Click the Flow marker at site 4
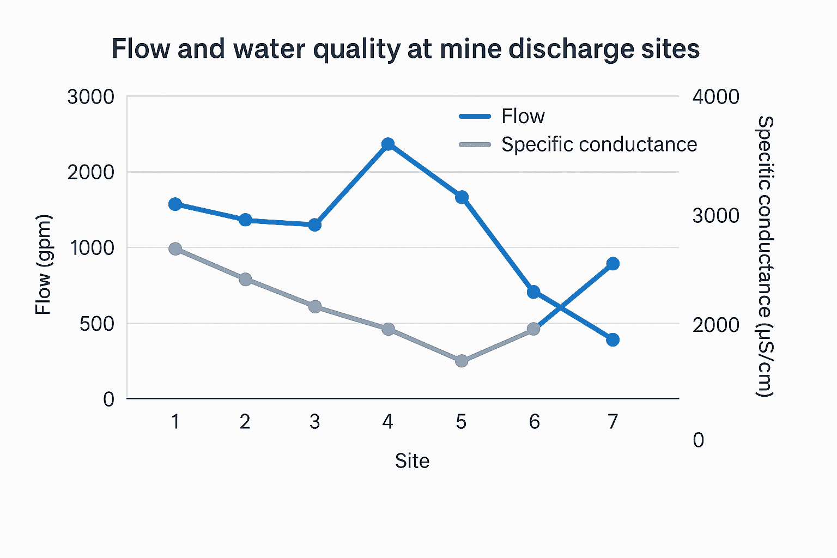[x=388, y=144]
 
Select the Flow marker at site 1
[x=175, y=204]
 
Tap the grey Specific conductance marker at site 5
[x=462, y=361]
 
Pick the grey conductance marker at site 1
[x=175, y=249]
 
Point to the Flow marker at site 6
[x=533, y=292]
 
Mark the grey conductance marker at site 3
[x=315, y=306]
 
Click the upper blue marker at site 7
[x=613, y=264]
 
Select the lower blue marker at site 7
[x=613, y=339]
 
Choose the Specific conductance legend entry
[x=598, y=144]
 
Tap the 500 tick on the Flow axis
[x=97, y=324]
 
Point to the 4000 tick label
[x=715, y=97]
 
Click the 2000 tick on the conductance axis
[x=715, y=325]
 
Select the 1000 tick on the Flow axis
[x=93, y=248]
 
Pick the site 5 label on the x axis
[x=461, y=422]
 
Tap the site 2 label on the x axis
[x=245, y=422]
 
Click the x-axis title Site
[x=412, y=461]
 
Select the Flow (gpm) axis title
[x=43, y=265]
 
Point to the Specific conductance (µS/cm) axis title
[x=765, y=256]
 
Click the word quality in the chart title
[x=356, y=50]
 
